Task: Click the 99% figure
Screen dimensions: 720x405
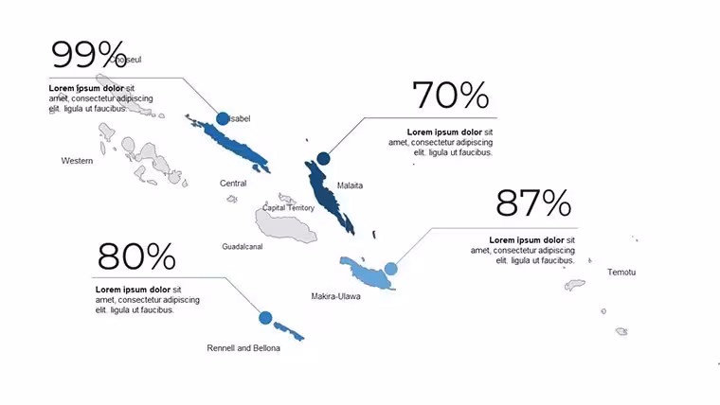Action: click(x=89, y=54)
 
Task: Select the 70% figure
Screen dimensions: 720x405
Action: click(x=450, y=95)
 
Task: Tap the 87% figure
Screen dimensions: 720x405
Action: click(x=533, y=202)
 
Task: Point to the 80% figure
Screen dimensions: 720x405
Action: click(x=136, y=256)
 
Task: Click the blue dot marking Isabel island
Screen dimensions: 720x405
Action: click(x=223, y=118)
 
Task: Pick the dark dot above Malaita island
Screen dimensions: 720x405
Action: click(x=323, y=159)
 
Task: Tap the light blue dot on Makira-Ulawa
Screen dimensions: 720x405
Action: click(x=390, y=269)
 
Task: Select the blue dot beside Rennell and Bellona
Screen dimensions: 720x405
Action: click(x=265, y=318)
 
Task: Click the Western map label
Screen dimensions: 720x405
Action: click(x=77, y=161)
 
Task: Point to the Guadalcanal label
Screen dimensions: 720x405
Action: click(x=243, y=247)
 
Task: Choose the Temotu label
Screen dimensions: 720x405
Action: click(x=621, y=273)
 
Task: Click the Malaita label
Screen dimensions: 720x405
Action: click(x=350, y=185)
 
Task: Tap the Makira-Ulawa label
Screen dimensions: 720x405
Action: click(x=335, y=296)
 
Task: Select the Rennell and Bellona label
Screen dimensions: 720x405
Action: click(x=243, y=348)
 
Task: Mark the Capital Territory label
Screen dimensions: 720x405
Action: click(x=288, y=208)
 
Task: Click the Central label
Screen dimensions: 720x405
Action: click(x=233, y=184)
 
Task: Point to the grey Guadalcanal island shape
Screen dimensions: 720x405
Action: click(x=285, y=225)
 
